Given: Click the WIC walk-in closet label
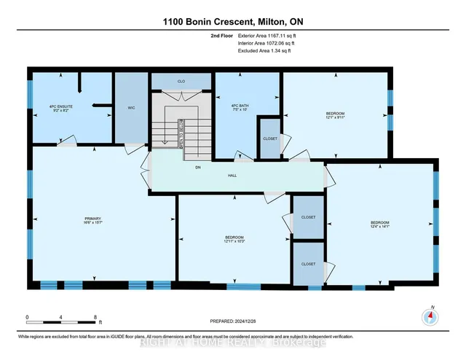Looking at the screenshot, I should point(132,108).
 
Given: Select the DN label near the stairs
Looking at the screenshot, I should point(197,168).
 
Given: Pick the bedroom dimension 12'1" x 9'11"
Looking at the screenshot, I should point(335,117).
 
